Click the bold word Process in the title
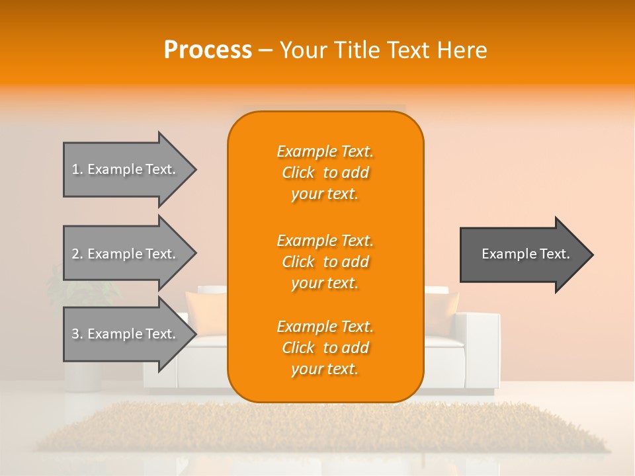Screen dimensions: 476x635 208,50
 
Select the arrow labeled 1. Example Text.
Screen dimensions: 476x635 126,169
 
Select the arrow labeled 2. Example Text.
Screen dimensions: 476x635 126,254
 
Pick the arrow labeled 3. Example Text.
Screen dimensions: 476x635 126,334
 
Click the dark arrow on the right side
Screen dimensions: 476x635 523,255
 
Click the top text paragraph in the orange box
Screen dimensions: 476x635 325,173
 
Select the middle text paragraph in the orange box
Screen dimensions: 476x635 325,262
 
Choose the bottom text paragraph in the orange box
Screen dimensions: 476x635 325,348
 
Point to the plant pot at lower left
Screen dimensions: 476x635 83,376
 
